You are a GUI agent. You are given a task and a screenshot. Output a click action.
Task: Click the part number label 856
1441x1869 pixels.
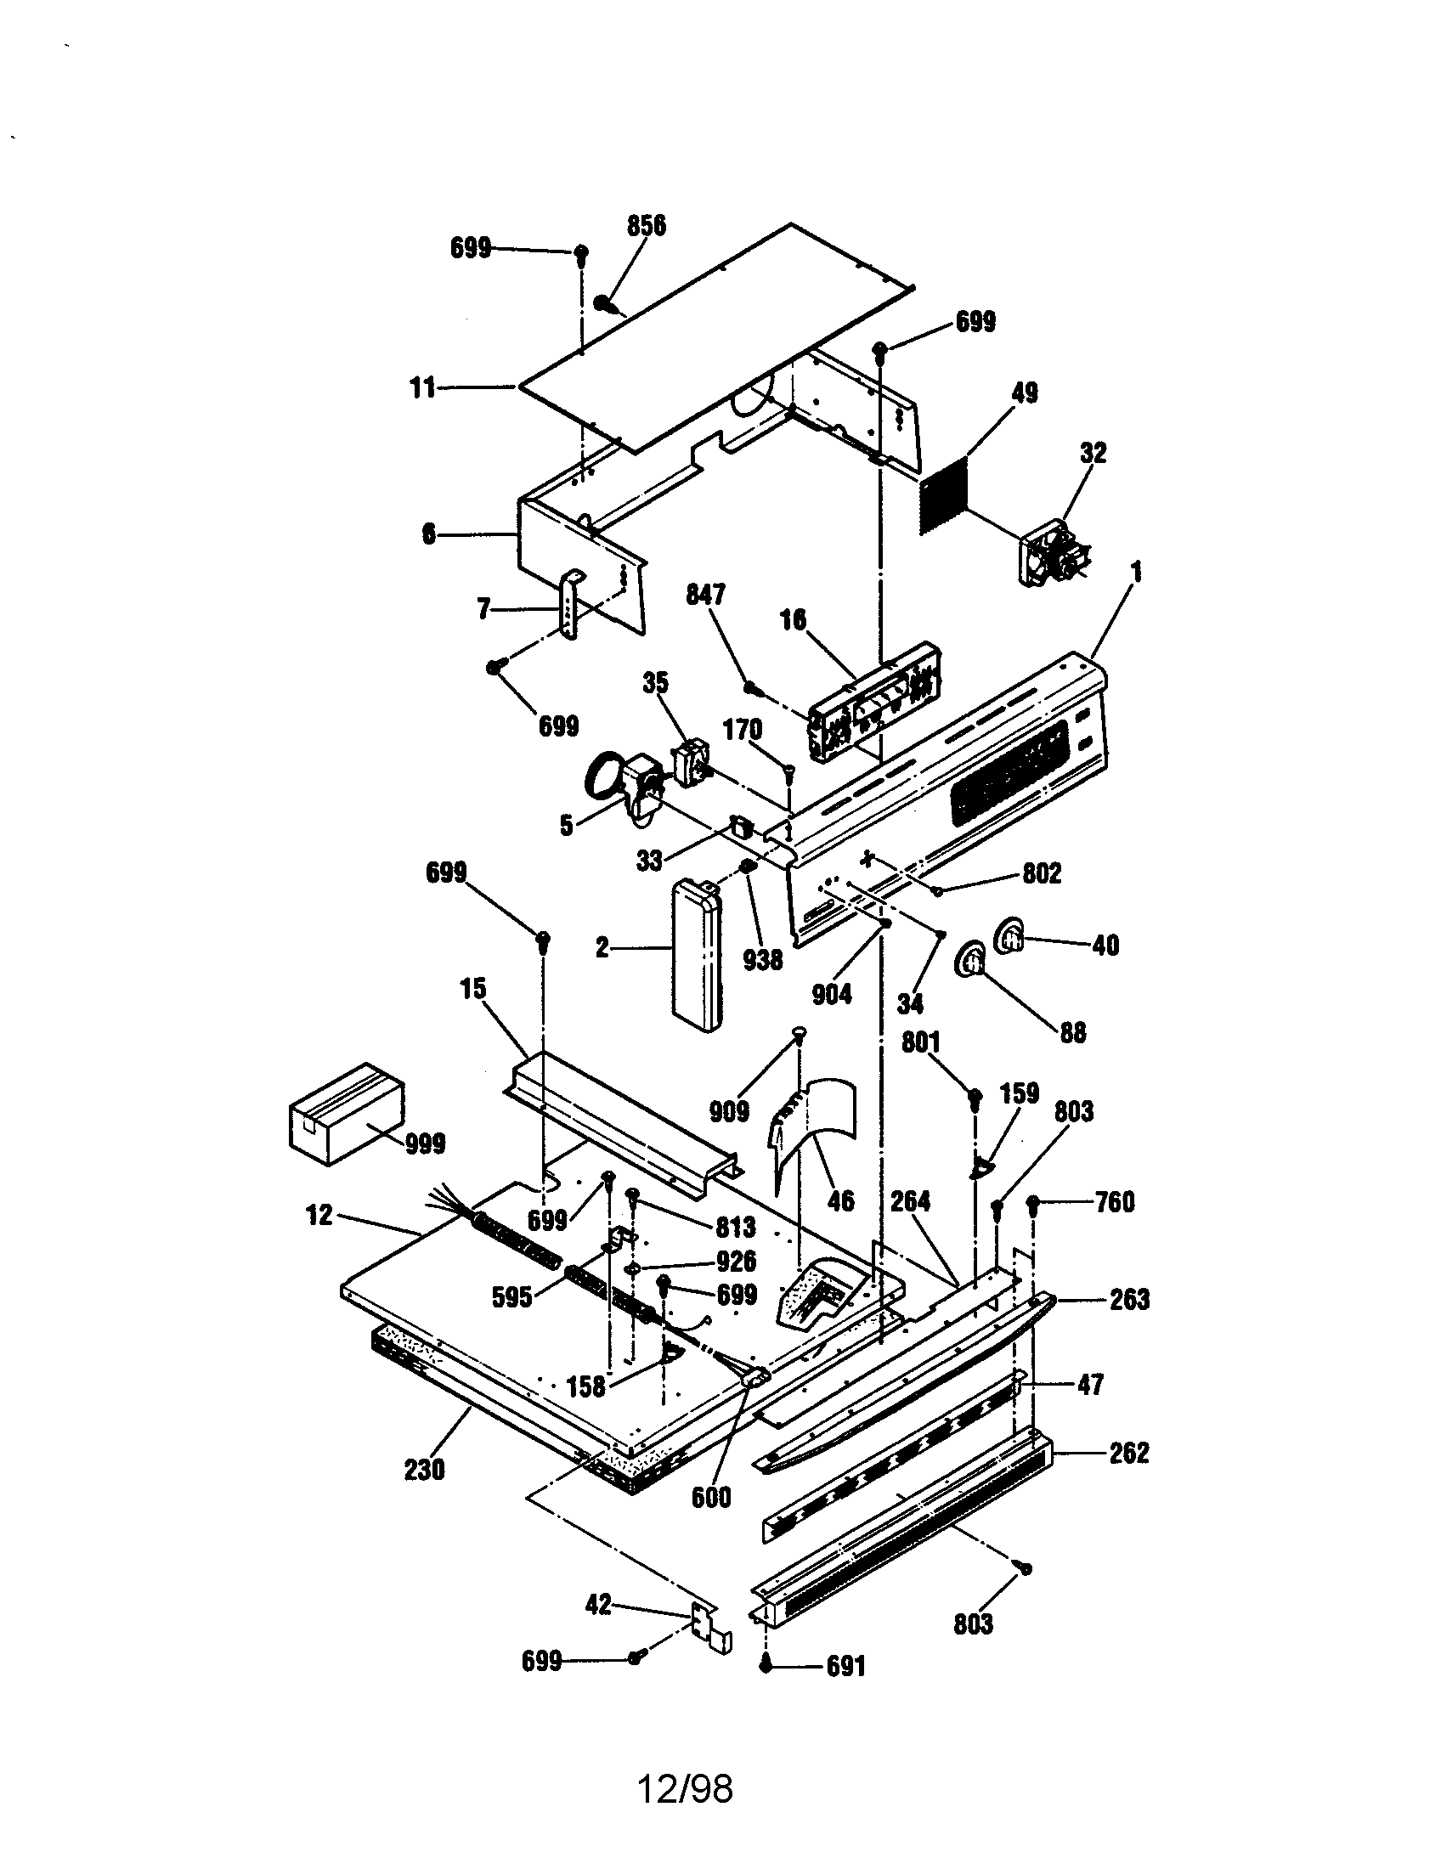point(646,226)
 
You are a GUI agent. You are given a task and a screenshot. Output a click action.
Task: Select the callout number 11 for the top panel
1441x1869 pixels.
point(423,388)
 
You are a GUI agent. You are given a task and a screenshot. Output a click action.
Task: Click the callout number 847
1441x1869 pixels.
point(705,595)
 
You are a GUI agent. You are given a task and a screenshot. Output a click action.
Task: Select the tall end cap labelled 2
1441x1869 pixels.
point(697,955)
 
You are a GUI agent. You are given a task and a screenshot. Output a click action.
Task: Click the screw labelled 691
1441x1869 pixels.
point(766,1665)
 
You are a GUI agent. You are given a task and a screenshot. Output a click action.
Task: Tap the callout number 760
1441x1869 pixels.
point(1114,1202)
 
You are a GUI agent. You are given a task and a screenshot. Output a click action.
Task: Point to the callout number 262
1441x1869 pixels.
point(1127,1453)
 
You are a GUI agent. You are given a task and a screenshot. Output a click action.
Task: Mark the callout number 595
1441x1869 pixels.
point(511,1296)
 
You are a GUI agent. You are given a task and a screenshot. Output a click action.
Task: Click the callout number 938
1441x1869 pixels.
point(761,960)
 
